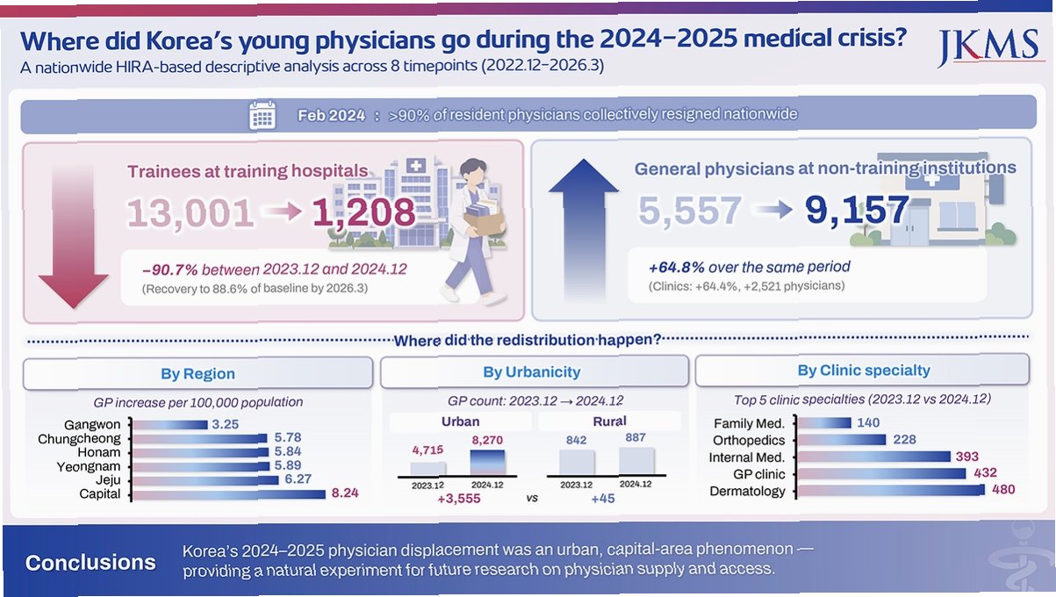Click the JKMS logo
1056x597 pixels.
point(988,47)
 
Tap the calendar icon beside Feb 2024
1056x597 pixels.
point(262,115)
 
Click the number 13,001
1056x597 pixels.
point(190,213)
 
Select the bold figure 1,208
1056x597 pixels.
point(364,212)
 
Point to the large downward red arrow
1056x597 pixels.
point(73,236)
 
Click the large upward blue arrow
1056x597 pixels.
point(584,230)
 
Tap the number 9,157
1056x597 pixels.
point(857,211)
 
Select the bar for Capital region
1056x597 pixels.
point(229,494)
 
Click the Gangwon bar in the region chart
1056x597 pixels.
point(169,425)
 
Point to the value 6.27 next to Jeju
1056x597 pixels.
point(298,479)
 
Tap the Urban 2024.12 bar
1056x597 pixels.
point(488,462)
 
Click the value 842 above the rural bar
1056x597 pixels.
point(576,440)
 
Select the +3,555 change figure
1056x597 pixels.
point(459,499)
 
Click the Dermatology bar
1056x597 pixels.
point(891,491)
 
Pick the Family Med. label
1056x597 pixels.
point(749,423)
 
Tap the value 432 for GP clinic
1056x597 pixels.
point(985,472)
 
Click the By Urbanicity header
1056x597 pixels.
point(532,372)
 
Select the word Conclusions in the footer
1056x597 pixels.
point(90,563)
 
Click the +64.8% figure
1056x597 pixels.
point(677,268)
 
